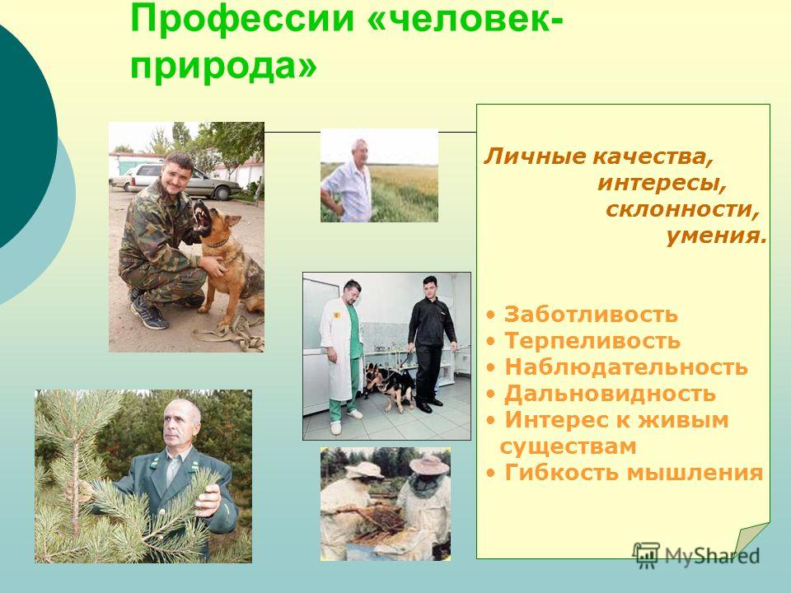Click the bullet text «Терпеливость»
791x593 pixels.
pyautogui.click(x=592, y=340)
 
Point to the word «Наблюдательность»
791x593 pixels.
pyautogui.click(x=626, y=367)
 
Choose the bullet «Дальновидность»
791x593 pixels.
pyautogui.click(x=610, y=394)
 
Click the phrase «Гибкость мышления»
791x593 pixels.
pyautogui.click(x=634, y=473)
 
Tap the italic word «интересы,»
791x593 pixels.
pyautogui.click(x=662, y=183)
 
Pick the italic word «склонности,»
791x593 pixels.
pyautogui.click(x=682, y=209)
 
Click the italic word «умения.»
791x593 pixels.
pyautogui.click(x=716, y=236)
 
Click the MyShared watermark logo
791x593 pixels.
pyautogui.click(x=696, y=555)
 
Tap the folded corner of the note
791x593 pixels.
pyautogui.click(x=751, y=539)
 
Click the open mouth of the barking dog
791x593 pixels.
pyautogui.click(x=203, y=217)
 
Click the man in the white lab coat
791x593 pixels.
pyautogui.click(x=343, y=353)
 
